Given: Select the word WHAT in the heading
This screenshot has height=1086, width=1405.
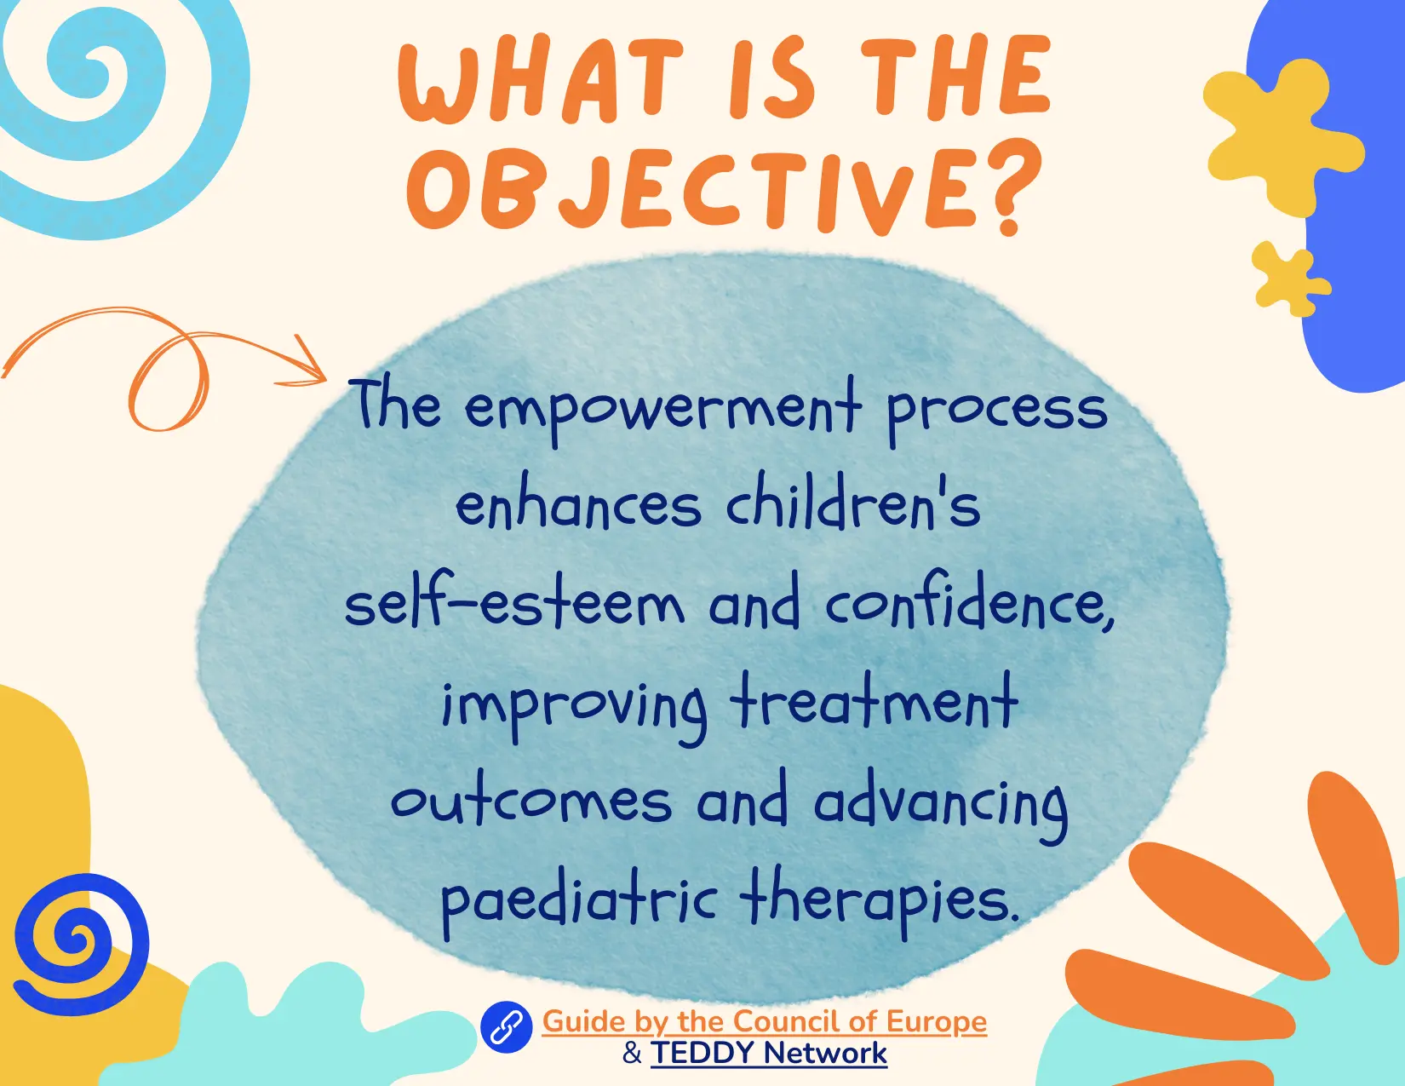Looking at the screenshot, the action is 541,79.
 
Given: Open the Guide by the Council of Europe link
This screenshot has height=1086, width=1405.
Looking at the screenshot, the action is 765,1021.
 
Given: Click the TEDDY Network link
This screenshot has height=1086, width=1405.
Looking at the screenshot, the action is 769,1053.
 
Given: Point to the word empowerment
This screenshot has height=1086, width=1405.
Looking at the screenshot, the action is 662,410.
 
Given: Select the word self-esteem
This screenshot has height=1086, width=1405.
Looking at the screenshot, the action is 514,604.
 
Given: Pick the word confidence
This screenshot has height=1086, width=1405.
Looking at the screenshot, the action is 970,604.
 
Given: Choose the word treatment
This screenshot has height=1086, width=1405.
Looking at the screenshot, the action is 875,703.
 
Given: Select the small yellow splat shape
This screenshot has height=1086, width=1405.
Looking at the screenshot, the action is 1290,279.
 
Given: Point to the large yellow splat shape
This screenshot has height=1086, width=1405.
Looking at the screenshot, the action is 1283,135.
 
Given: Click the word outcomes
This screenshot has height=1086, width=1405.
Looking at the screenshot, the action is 531,802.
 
